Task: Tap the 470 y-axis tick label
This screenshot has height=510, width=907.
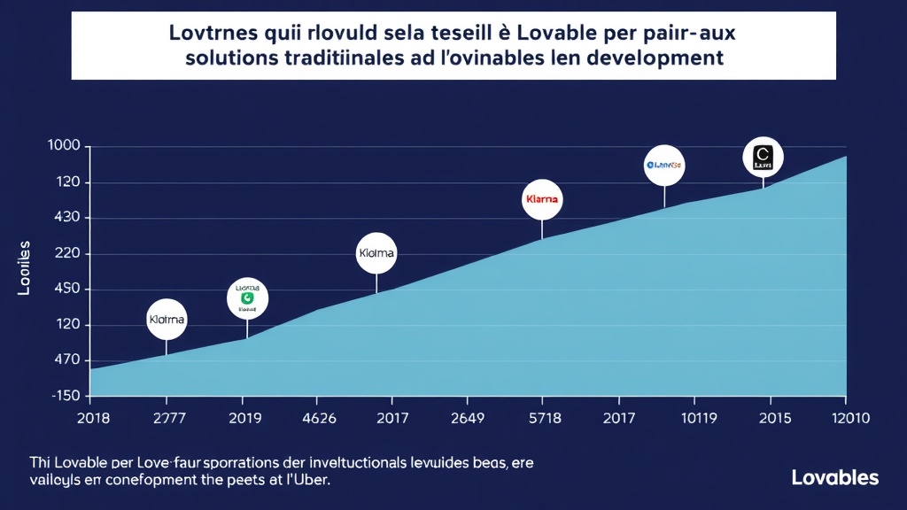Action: tap(64, 360)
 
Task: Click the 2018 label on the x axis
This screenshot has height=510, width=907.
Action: tap(93, 419)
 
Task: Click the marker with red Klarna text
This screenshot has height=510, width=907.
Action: tap(542, 199)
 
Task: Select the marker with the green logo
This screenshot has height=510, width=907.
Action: tap(247, 298)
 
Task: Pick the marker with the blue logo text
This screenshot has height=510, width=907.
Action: tap(664, 165)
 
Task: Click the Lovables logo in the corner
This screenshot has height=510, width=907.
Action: tap(834, 478)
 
